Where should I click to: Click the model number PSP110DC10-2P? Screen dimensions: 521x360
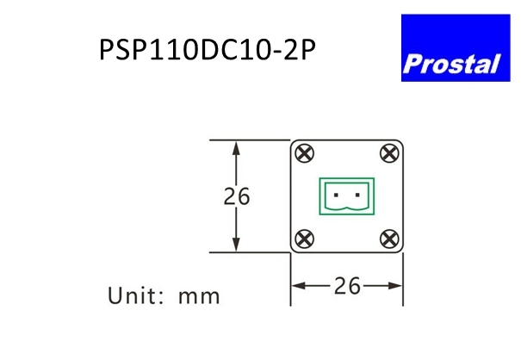pos(208,50)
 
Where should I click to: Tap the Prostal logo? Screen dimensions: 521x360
pos(456,48)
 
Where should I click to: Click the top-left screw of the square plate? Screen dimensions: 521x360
pos(304,153)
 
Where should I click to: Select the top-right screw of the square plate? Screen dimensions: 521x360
pos(389,153)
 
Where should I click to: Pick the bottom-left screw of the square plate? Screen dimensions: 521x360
pos(304,239)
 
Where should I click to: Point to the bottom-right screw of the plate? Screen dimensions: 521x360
pos(389,239)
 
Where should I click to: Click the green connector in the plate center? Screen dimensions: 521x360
pos(347,196)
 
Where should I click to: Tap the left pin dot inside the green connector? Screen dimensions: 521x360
pos(336,195)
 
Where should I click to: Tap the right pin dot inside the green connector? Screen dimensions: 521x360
pos(357,195)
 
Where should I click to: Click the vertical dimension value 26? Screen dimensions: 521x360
pos(237,196)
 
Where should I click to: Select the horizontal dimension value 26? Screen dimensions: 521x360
pos(347,286)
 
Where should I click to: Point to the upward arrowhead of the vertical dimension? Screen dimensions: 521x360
pos(236,148)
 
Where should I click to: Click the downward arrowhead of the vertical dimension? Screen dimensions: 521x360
pos(236,244)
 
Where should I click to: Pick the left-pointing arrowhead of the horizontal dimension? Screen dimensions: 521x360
pos(299,286)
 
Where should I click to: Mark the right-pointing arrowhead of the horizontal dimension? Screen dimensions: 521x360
pos(394,286)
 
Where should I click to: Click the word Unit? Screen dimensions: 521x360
pos(135,295)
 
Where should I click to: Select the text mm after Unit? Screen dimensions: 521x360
pos(199,296)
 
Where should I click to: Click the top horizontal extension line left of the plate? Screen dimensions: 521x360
pos(250,140)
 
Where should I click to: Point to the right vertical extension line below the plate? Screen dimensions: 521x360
pos(403,279)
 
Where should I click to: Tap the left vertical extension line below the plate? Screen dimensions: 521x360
pos(291,279)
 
